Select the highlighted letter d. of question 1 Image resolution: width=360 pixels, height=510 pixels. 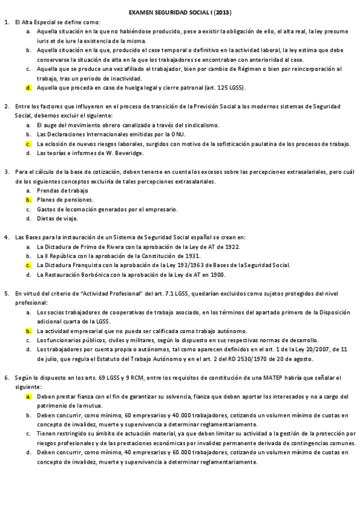[x=28, y=87]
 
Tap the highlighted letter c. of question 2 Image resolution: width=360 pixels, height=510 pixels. [x=28, y=144]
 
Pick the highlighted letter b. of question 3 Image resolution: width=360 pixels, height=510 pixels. [x=28, y=200]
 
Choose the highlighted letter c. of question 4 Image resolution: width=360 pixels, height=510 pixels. [x=28, y=265]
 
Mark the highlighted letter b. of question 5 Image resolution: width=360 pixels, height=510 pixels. [x=28, y=331]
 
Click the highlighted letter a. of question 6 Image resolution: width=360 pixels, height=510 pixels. [x=28, y=397]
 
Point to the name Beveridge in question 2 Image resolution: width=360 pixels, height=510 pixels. [x=130, y=153]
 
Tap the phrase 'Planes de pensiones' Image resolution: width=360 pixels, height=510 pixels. [x=65, y=200]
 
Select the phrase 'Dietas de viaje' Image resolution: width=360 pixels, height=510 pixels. [x=56, y=219]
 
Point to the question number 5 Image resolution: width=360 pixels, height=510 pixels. [x=7, y=293]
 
